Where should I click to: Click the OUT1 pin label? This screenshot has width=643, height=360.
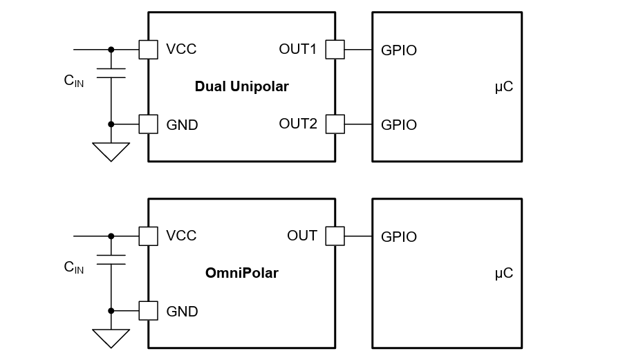[297, 49]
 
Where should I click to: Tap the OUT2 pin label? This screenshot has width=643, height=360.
[298, 124]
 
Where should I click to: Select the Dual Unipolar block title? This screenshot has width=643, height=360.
[241, 86]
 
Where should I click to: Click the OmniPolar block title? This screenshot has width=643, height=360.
[241, 273]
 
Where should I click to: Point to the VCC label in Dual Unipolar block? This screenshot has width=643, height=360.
[181, 49]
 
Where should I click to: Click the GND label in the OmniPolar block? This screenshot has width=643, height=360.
[182, 312]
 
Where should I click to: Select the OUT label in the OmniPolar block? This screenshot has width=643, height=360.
[302, 236]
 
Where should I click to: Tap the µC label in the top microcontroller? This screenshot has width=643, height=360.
[504, 87]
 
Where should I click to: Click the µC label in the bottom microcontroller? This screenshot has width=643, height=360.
[504, 274]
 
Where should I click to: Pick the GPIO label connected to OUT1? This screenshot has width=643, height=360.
[399, 50]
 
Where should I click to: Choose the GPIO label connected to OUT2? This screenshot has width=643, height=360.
[399, 125]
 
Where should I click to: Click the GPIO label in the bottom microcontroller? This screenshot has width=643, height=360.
[399, 237]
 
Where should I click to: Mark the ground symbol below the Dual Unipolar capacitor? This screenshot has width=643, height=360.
[111, 151]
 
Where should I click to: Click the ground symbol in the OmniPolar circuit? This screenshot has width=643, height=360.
[111, 337]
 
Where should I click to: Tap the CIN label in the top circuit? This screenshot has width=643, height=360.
[73, 81]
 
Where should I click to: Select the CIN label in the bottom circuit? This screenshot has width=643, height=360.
[73, 267]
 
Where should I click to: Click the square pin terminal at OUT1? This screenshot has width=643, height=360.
[335, 49]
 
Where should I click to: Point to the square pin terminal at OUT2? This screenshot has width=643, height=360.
[335, 124]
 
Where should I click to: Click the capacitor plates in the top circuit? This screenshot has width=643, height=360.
[111, 73]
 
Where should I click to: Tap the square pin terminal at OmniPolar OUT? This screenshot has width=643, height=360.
[335, 236]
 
